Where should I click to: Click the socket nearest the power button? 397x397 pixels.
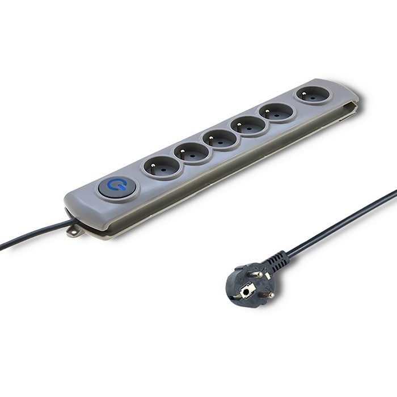(x=162, y=167)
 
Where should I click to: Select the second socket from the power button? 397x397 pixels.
(x=192, y=152)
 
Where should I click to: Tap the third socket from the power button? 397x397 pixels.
(x=221, y=138)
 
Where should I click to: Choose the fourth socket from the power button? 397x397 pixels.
(x=249, y=125)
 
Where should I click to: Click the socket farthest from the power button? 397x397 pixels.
(x=312, y=95)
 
